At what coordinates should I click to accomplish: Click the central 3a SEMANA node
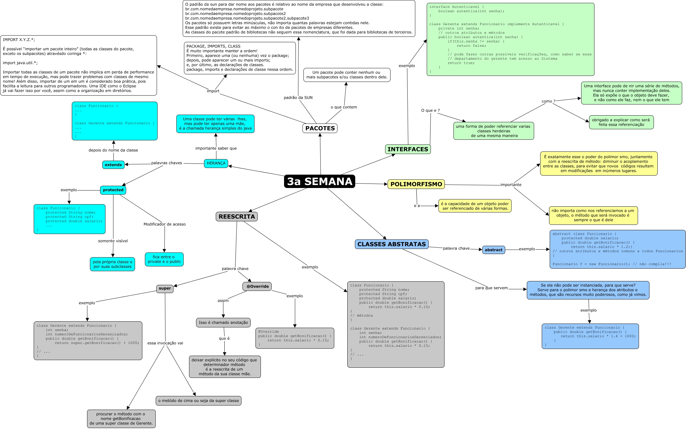point(319,181)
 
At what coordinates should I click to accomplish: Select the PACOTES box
point(320,128)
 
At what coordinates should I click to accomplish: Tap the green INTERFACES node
point(408,149)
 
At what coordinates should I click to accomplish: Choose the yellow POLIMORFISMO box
point(416,184)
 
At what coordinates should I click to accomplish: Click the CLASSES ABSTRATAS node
point(391,244)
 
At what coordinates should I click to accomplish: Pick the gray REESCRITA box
point(237,217)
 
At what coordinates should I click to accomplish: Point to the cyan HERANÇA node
point(216,163)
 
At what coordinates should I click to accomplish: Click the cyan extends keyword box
point(113,165)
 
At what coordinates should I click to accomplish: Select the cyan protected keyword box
point(113,190)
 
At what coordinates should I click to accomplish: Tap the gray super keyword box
point(165,288)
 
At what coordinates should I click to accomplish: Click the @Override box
point(257,286)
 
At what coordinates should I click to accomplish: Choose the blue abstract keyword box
point(493,250)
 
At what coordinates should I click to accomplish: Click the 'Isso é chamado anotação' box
point(223,323)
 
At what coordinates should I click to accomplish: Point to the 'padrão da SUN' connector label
point(298,97)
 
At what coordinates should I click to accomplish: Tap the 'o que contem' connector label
point(344,107)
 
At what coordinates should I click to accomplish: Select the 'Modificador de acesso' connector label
point(165,224)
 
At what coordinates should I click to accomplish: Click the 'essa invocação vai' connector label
point(165,343)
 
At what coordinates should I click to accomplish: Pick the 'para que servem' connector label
point(491,288)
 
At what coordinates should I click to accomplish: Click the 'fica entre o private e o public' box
point(164,259)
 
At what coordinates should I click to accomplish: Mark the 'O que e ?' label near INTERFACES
point(431,111)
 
